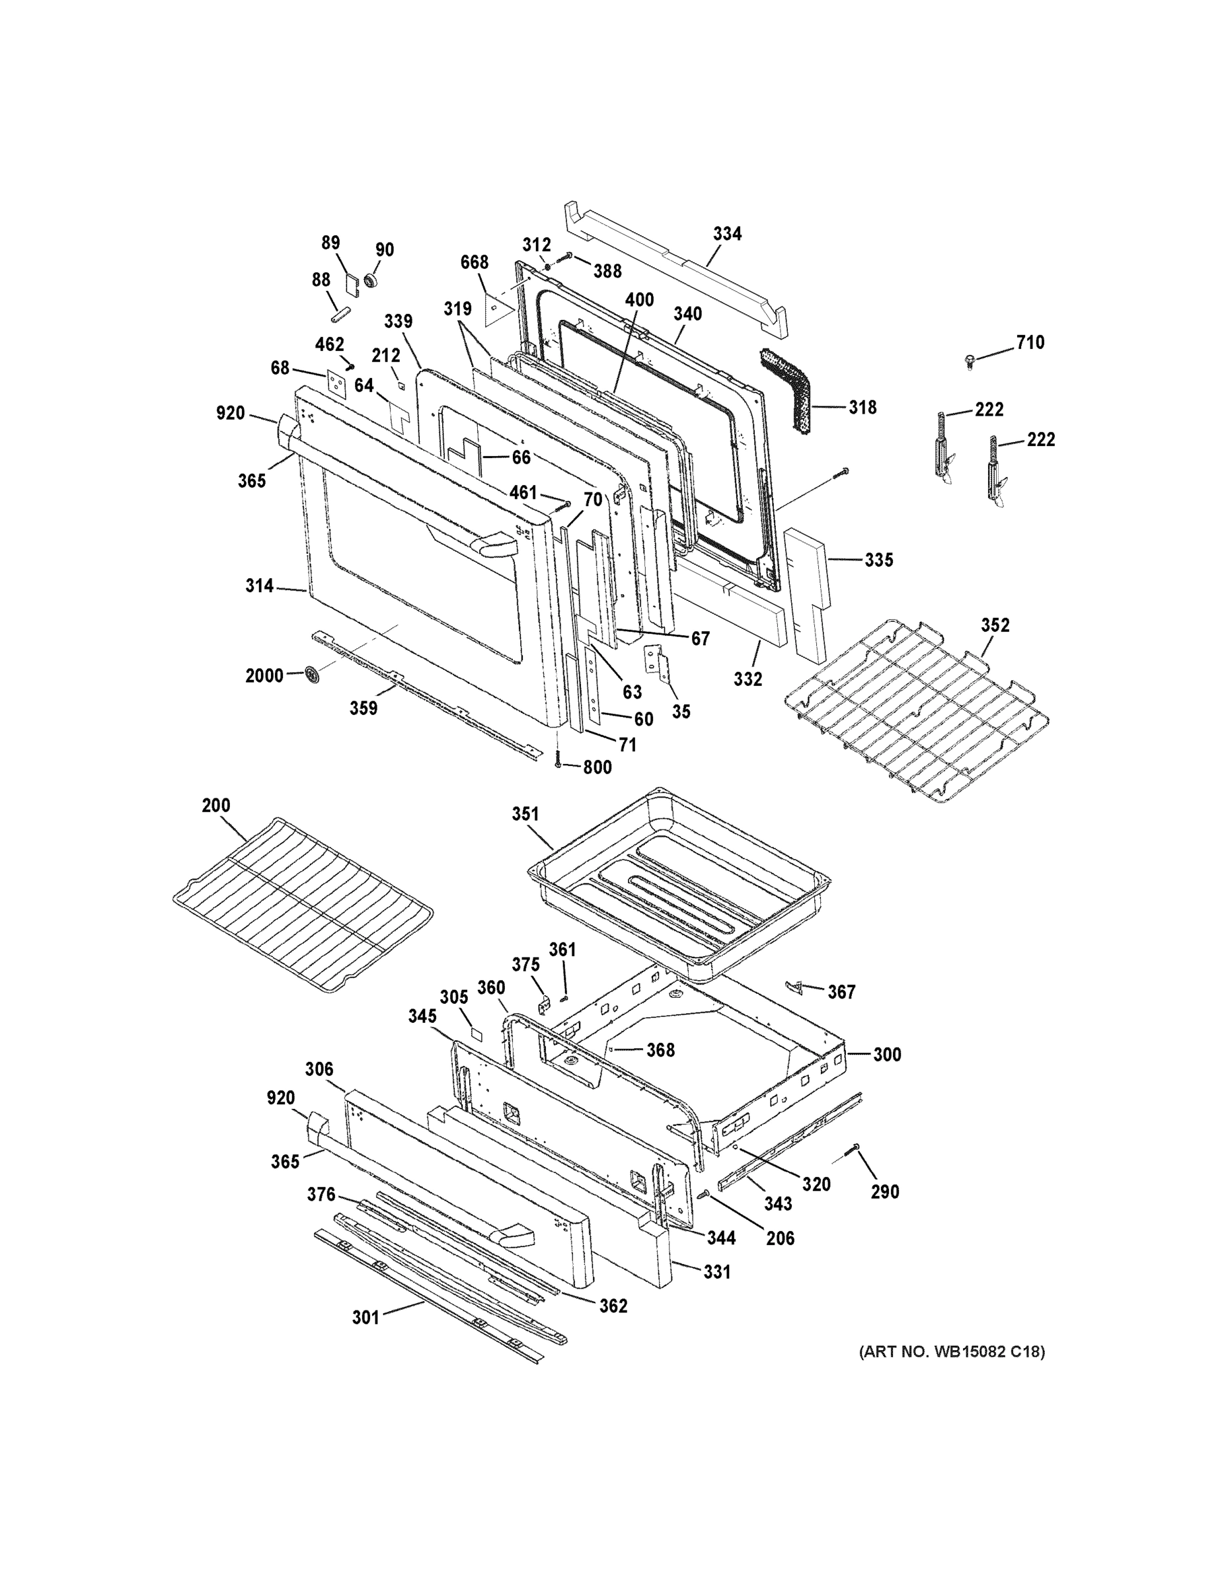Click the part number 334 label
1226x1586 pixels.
(x=727, y=234)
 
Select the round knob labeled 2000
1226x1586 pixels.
(x=313, y=675)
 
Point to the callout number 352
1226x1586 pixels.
(x=995, y=625)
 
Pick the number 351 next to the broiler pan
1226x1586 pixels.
(x=525, y=814)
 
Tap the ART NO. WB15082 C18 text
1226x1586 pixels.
(x=952, y=1351)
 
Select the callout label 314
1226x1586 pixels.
(x=259, y=585)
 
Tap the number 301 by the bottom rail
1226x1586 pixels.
(x=366, y=1316)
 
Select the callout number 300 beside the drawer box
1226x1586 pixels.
(x=887, y=1055)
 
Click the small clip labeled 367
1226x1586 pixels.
(x=794, y=986)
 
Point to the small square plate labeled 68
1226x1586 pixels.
(x=336, y=383)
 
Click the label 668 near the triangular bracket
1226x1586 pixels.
(x=475, y=262)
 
